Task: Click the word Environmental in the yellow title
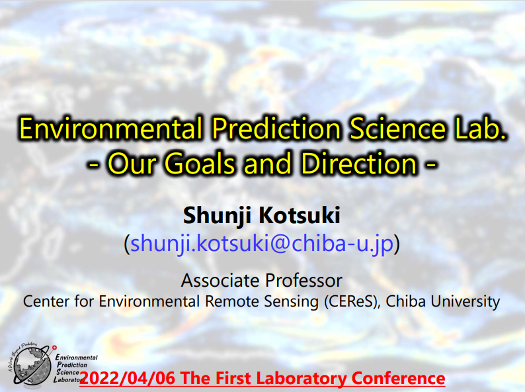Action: point(111,128)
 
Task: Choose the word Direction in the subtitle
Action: point(359,164)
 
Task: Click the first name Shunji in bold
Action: point(217,216)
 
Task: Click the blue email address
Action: point(262,243)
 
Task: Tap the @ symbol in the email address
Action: point(280,244)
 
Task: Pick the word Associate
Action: point(220,280)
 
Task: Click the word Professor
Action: point(304,280)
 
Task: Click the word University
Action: point(465,301)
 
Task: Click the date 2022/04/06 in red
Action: point(128,378)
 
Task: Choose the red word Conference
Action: point(398,378)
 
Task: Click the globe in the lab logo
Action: point(32,365)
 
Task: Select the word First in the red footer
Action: point(233,378)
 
